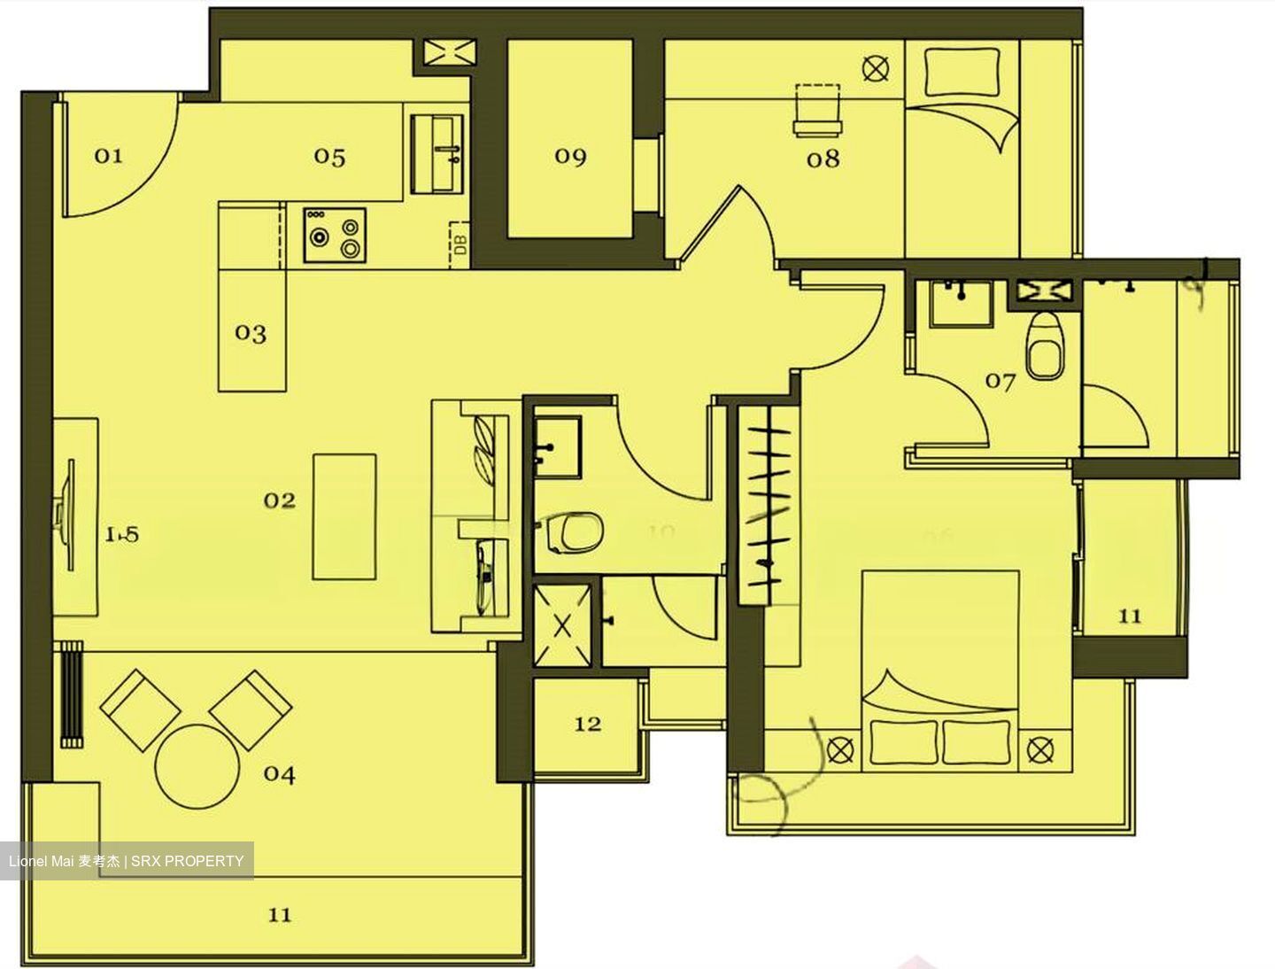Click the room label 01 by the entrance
point(108,156)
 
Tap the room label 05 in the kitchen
point(329,157)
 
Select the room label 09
point(570,157)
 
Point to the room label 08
point(823,159)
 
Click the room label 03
point(251,333)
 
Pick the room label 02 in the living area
point(279,500)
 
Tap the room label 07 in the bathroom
point(1001,382)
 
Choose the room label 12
point(588,724)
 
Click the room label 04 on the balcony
point(279,774)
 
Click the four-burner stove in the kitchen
point(334,236)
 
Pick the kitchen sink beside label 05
point(437,154)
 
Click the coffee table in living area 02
point(344,517)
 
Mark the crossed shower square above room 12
point(563,625)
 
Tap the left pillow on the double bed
point(903,741)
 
